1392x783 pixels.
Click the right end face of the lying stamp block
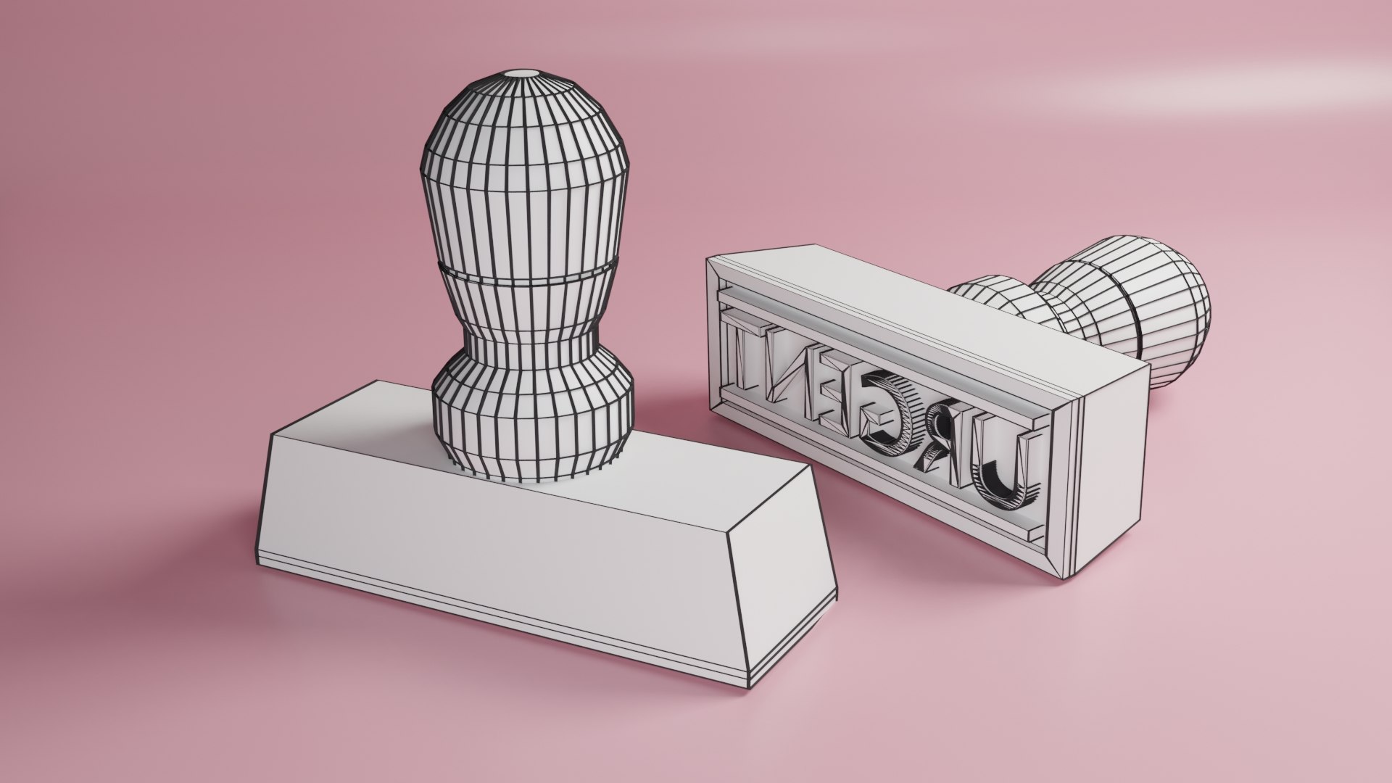(1109, 464)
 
